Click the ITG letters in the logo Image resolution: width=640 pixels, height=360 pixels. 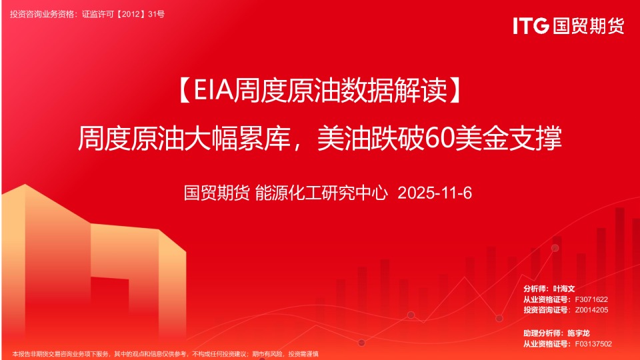[531, 26]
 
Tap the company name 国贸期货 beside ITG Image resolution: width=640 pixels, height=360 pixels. [589, 26]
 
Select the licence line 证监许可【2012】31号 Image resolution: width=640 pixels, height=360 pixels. [123, 14]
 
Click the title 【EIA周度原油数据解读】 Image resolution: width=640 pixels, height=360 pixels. [321, 90]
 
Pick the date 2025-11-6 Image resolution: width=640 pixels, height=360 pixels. [435, 193]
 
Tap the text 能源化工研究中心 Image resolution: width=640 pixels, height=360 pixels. [321, 193]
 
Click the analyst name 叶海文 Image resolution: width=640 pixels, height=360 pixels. [564, 289]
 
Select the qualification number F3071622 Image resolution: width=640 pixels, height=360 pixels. [591, 299]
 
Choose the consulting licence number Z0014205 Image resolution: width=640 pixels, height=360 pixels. [591, 310]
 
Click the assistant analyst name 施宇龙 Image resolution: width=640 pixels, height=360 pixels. [579, 333]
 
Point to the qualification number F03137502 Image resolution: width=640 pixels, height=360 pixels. [593, 344]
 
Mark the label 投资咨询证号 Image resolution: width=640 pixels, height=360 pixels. [546, 310]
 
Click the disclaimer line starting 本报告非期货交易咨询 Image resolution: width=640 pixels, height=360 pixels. [165, 354]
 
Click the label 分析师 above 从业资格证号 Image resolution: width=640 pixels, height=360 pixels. [535, 289]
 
